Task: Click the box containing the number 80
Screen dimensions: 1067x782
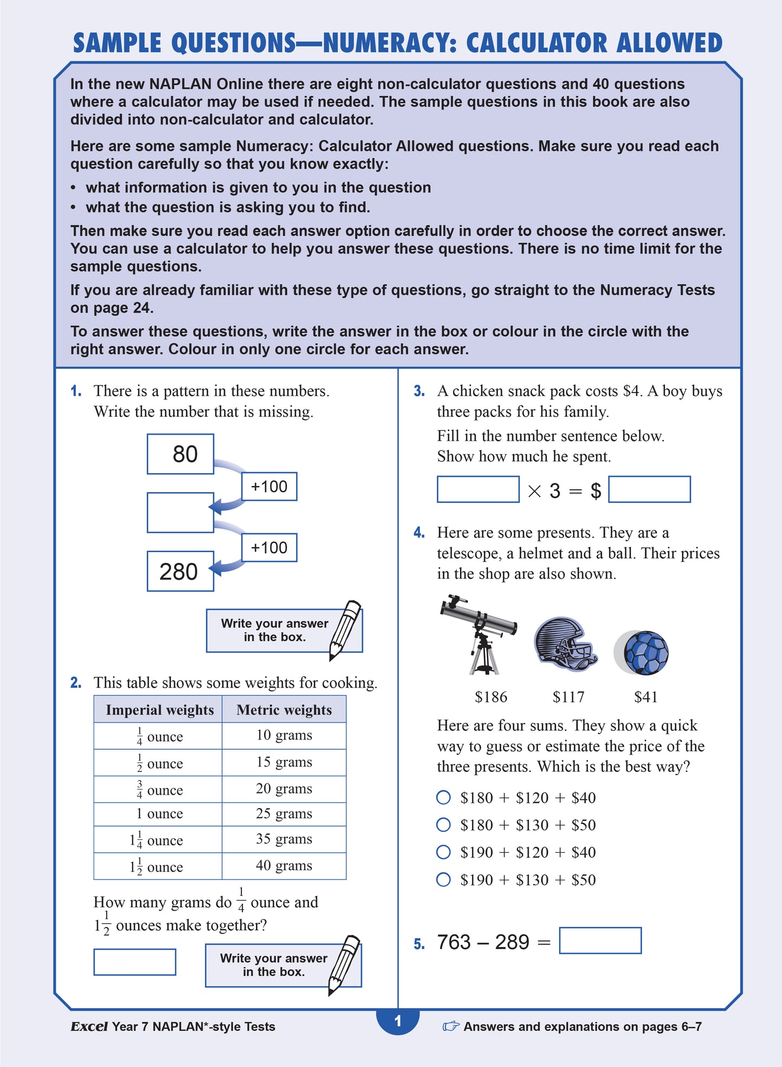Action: coord(180,454)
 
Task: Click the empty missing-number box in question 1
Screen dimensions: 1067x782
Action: coord(180,512)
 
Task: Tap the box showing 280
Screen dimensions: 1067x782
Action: coord(180,571)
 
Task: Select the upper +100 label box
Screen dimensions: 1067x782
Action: coord(269,486)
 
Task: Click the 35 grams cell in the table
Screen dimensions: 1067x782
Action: coord(284,839)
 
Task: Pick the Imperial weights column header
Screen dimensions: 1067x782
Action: coord(159,710)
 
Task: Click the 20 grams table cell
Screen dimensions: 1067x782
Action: coord(284,789)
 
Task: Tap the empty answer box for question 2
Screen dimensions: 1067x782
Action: coord(135,962)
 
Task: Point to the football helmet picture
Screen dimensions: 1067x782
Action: coord(564,643)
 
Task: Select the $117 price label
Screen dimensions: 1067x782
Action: coord(568,697)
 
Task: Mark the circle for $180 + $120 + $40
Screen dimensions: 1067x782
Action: coord(443,797)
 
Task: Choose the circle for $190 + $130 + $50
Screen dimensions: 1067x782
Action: coord(443,880)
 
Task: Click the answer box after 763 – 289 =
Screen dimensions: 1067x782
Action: coord(600,941)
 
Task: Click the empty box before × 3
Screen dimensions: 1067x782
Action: coord(478,489)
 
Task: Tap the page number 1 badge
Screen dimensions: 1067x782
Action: coord(398,1022)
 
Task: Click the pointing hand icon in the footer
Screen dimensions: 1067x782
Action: coord(450,1026)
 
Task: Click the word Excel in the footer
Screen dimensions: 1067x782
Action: coord(89,1026)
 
